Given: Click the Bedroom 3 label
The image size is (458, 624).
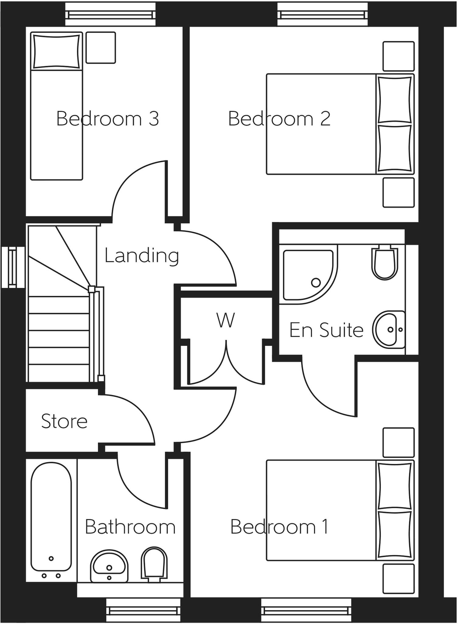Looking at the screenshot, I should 107,119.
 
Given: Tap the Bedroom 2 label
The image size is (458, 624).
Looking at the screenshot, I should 279,119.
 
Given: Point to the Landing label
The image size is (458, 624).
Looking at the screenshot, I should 142,255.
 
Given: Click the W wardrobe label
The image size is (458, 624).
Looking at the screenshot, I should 226,320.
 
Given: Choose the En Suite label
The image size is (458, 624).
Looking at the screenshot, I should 326,330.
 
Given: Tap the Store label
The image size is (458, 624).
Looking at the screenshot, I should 64,421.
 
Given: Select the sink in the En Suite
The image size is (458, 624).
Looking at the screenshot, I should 388,329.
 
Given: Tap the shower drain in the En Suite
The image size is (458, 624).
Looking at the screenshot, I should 316,282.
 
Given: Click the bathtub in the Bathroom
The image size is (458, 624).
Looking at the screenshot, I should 51,518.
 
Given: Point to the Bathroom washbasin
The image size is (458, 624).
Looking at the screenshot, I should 109,566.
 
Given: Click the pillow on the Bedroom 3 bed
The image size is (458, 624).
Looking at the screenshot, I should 57,51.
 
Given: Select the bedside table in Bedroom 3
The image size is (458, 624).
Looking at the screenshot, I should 100,48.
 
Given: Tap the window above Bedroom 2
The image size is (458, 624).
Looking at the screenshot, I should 322,14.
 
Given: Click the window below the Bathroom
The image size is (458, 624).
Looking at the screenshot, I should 143,610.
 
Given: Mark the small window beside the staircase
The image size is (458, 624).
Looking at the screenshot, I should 12,268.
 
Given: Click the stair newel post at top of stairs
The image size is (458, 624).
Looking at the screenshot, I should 92,289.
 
